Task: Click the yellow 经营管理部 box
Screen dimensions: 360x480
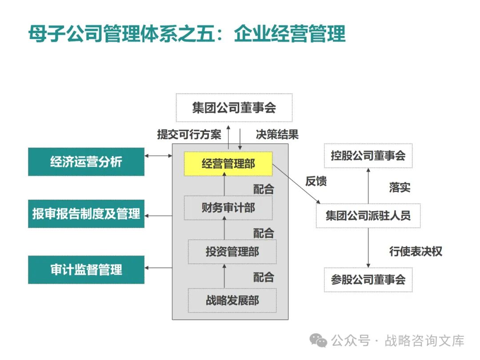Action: (x=228, y=164)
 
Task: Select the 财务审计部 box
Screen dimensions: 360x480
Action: (x=228, y=208)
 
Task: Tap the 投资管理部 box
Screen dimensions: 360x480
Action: (x=232, y=252)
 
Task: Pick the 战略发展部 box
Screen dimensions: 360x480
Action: (x=232, y=300)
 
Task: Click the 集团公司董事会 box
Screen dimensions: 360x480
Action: (x=234, y=108)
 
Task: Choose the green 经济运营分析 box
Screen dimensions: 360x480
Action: (x=86, y=162)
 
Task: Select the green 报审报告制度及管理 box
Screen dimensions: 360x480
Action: (x=86, y=214)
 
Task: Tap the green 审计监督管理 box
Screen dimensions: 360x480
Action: (x=86, y=270)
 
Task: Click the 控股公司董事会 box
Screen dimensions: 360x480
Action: (x=368, y=156)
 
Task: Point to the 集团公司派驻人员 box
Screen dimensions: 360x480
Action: (x=368, y=216)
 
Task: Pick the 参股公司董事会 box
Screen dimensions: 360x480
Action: (x=368, y=280)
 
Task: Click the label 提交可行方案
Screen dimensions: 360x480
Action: (x=189, y=134)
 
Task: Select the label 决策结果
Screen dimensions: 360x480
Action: (x=277, y=134)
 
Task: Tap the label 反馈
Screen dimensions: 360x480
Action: (x=316, y=181)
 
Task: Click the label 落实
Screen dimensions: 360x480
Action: (x=400, y=187)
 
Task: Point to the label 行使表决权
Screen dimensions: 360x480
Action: (x=416, y=251)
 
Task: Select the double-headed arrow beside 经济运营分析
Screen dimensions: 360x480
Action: (x=158, y=156)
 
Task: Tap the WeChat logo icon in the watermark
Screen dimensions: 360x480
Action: (x=318, y=340)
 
